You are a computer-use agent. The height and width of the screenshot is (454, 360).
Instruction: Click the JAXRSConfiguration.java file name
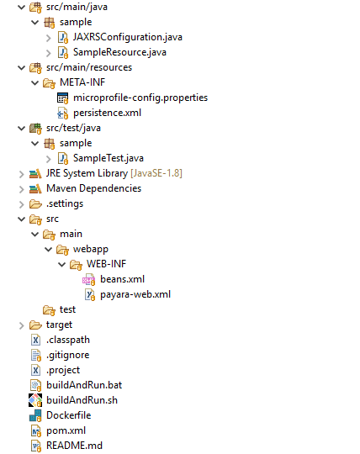(128, 37)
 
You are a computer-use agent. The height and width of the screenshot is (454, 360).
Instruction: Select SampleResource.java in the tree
(119, 52)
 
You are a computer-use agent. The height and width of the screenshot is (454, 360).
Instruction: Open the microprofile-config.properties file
(140, 98)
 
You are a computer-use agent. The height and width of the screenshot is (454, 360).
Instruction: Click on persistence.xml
(107, 113)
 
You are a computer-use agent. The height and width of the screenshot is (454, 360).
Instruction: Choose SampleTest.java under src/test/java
(109, 158)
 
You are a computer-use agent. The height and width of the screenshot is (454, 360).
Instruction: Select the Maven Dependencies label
(94, 188)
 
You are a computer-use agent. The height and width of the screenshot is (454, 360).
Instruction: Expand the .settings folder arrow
(21, 204)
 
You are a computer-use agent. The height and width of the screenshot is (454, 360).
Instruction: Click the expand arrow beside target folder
(21, 325)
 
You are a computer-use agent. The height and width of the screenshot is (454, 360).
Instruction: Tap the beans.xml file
(122, 279)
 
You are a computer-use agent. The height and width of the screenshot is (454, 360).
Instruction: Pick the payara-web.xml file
(135, 294)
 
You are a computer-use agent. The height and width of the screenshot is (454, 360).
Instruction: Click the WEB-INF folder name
(106, 264)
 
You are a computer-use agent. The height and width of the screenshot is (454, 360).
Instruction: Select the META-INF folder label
(82, 82)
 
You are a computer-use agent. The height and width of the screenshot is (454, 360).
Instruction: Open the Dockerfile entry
(69, 415)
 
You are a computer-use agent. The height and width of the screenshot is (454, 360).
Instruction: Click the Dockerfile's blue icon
(35, 415)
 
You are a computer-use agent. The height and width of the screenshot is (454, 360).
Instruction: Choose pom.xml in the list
(66, 430)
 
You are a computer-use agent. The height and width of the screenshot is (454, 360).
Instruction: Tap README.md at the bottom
(74, 446)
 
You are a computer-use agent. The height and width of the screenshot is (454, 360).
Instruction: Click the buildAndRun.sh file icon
(35, 400)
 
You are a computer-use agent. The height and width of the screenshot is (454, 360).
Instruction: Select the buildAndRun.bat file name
(84, 385)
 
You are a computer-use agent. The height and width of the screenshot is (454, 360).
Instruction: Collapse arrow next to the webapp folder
(49, 249)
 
